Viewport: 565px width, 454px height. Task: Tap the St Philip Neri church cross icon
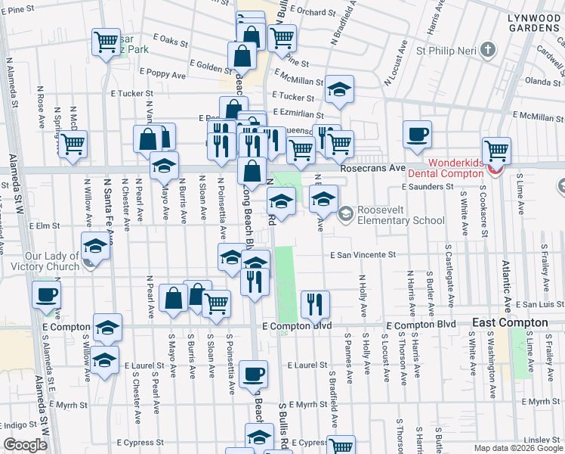coord(488,51)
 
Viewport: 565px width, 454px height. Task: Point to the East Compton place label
coord(510,322)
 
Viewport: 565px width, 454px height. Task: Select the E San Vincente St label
coord(363,256)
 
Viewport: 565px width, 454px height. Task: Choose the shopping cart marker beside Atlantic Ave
coord(496,151)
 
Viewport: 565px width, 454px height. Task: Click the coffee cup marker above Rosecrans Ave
coord(417,135)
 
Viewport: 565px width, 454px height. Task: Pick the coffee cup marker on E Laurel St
coord(253,374)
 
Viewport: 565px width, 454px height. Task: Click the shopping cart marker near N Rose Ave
coord(73,144)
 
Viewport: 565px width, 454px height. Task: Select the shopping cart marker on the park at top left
coord(106,42)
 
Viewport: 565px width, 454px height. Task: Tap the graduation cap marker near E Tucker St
coord(339,89)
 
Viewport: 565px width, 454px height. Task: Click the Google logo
coord(26,445)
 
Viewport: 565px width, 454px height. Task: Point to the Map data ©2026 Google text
coord(517,448)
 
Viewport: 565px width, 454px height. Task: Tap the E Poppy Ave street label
coord(160,75)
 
